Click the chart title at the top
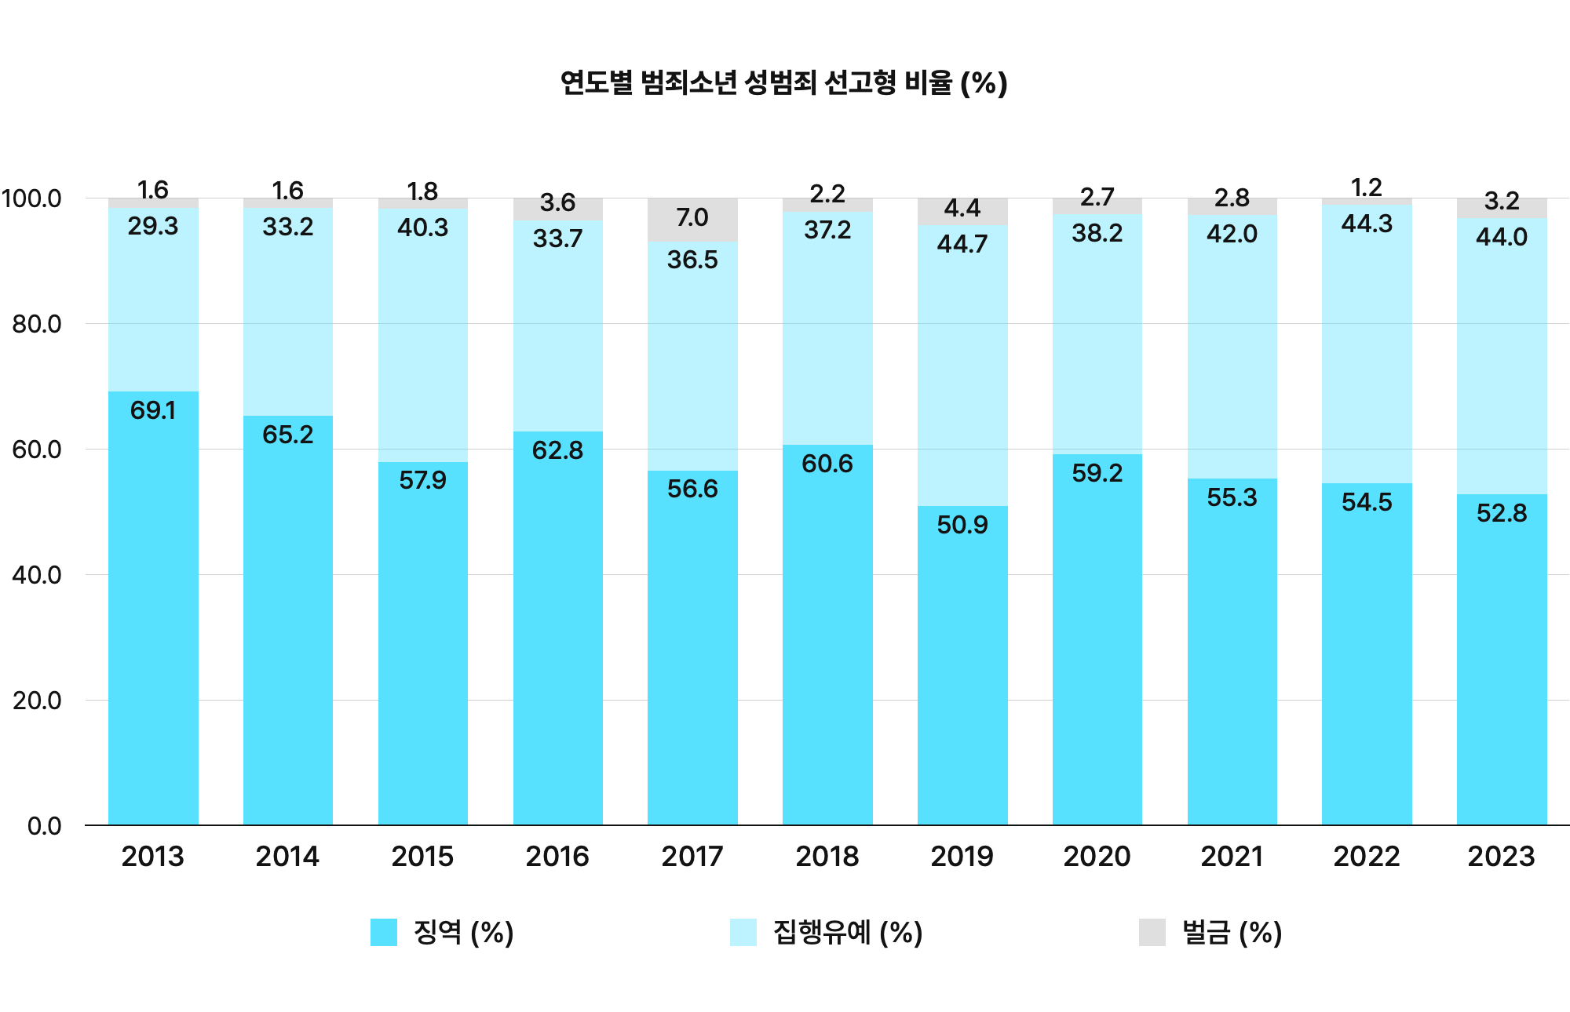pyautogui.click(x=783, y=82)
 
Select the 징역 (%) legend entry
pyautogui.click(x=443, y=932)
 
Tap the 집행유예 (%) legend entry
pyautogui.click(x=826, y=932)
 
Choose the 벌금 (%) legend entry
pyautogui.click(x=1211, y=932)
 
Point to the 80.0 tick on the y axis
pyautogui.click(x=36, y=324)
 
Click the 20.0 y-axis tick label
pyautogui.click(x=36, y=701)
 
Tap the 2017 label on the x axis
pyautogui.click(x=692, y=856)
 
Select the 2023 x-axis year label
pyautogui.click(x=1501, y=856)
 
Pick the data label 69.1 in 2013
pyautogui.click(x=153, y=410)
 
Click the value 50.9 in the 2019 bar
pyautogui.click(x=962, y=525)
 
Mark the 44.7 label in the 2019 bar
pyautogui.click(x=962, y=244)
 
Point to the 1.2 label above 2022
pyautogui.click(x=1367, y=188)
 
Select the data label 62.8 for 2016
pyautogui.click(x=557, y=450)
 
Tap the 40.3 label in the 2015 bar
pyautogui.click(x=422, y=228)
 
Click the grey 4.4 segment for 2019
pyautogui.click(x=962, y=209)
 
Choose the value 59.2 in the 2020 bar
pyautogui.click(x=1097, y=473)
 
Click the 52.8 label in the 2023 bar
pyautogui.click(x=1501, y=513)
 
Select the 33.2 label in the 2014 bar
pyautogui.click(x=287, y=227)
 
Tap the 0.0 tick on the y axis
pyautogui.click(x=44, y=826)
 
